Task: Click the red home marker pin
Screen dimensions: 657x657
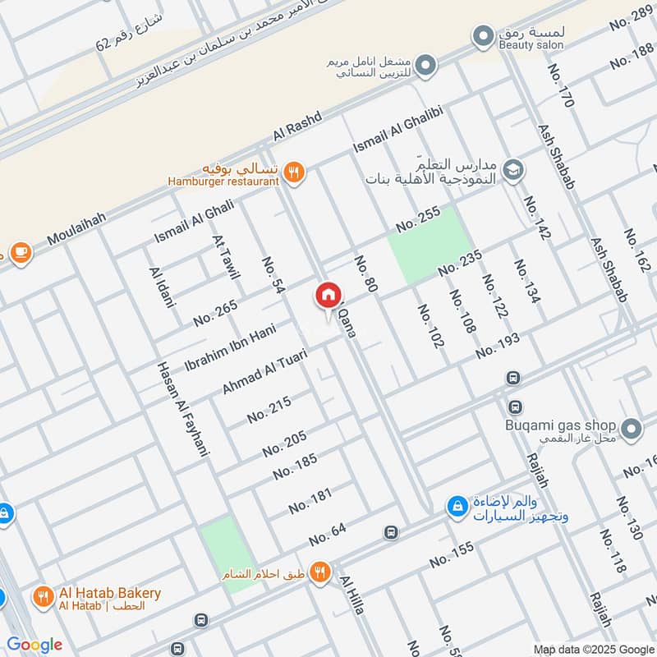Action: pyautogui.click(x=327, y=295)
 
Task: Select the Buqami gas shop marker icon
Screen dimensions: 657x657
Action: pyautogui.click(x=631, y=428)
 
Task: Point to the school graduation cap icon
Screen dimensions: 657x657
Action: pyautogui.click(x=513, y=169)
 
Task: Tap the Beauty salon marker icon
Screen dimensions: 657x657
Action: pyautogui.click(x=481, y=36)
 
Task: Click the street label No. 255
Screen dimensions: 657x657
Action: pyautogui.click(x=418, y=218)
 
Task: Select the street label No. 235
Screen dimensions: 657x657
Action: pyautogui.click(x=460, y=264)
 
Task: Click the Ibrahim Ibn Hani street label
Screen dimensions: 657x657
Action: pyautogui.click(x=229, y=349)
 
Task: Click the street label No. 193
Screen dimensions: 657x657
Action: pyautogui.click(x=498, y=345)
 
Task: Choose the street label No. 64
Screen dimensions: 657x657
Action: pyautogui.click(x=328, y=535)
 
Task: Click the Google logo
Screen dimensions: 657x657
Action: pyautogui.click(x=34, y=645)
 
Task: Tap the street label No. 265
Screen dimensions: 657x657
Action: pyautogui.click(x=215, y=313)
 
